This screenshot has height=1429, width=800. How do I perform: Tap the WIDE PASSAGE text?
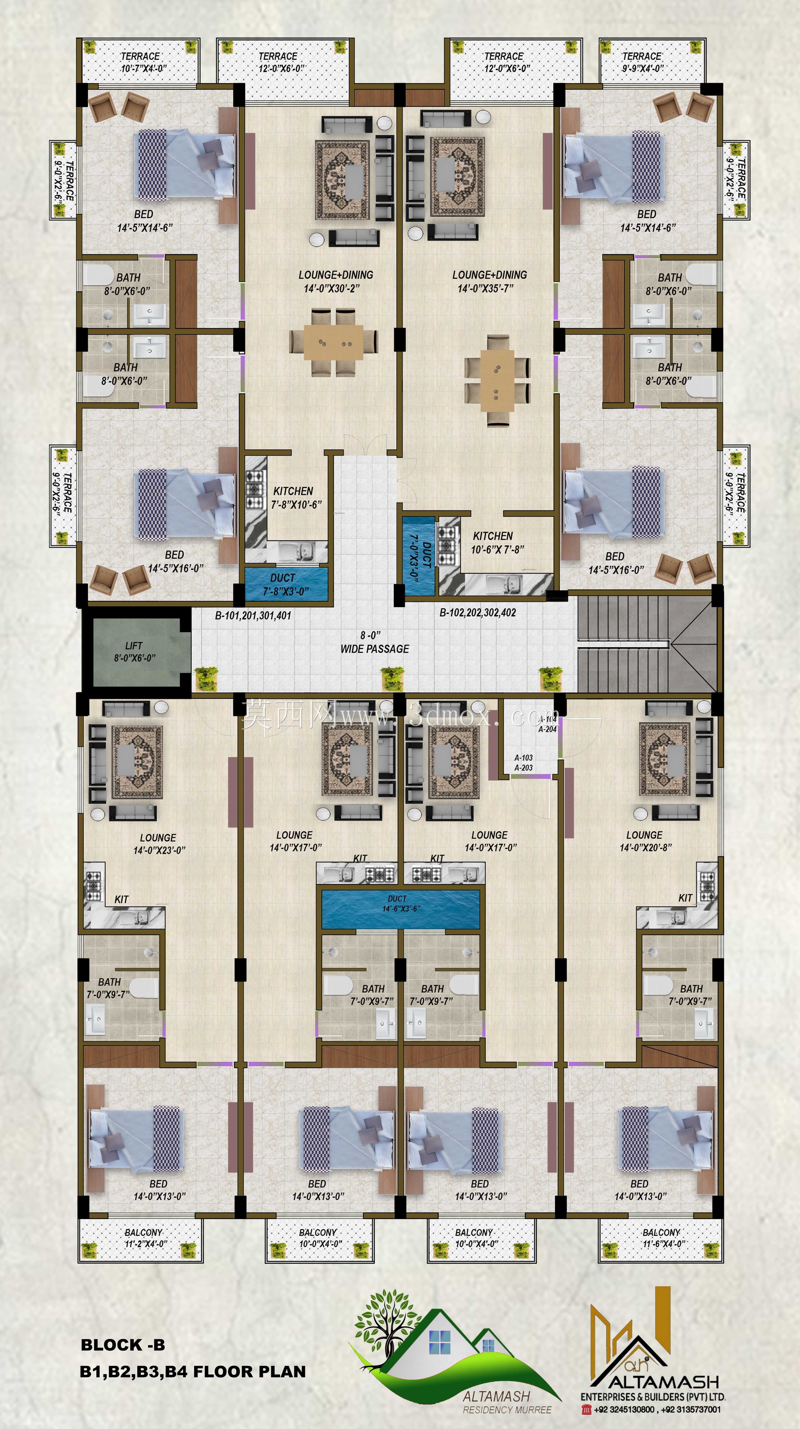pyautogui.click(x=375, y=648)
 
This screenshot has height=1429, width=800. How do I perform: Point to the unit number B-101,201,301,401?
pyautogui.click(x=253, y=615)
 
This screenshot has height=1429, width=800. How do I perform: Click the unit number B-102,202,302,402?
pyautogui.click(x=478, y=612)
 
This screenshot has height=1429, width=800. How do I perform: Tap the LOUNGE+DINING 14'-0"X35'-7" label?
pyautogui.click(x=489, y=281)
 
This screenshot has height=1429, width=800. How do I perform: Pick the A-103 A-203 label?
pyautogui.click(x=524, y=763)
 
